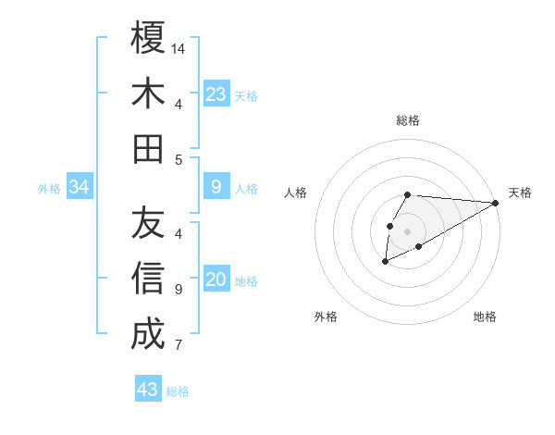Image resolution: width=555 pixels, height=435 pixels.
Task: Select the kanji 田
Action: [x=148, y=148]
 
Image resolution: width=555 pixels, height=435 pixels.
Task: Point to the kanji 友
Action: [x=148, y=222]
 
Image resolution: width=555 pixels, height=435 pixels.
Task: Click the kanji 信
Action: [x=148, y=279]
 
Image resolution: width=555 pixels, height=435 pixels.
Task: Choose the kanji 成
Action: [x=148, y=334]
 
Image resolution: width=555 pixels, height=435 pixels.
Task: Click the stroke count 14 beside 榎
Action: [x=179, y=48]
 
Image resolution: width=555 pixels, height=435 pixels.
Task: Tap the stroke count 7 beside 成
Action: [x=179, y=346]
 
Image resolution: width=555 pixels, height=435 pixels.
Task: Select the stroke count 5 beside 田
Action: [x=179, y=159]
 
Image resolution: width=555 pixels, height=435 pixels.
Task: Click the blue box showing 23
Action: [x=216, y=94]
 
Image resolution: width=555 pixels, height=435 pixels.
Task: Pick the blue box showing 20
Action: [x=216, y=280]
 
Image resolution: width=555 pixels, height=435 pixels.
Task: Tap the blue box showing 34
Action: [x=80, y=188]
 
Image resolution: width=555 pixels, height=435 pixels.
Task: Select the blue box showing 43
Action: [x=148, y=390]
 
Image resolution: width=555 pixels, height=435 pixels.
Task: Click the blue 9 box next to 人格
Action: [x=216, y=188]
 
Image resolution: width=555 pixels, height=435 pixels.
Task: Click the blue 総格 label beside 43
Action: [x=179, y=391]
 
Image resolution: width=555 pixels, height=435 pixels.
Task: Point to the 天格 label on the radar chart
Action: [x=520, y=193]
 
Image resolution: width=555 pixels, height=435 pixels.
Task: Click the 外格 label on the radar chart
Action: [x=326, y=317]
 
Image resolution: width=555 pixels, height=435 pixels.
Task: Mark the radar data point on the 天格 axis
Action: [x=495, y=203]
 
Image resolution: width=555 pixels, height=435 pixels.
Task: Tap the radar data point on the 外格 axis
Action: [x=385, y=263]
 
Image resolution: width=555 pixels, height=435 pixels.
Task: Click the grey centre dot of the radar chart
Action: [x=408, y=230]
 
